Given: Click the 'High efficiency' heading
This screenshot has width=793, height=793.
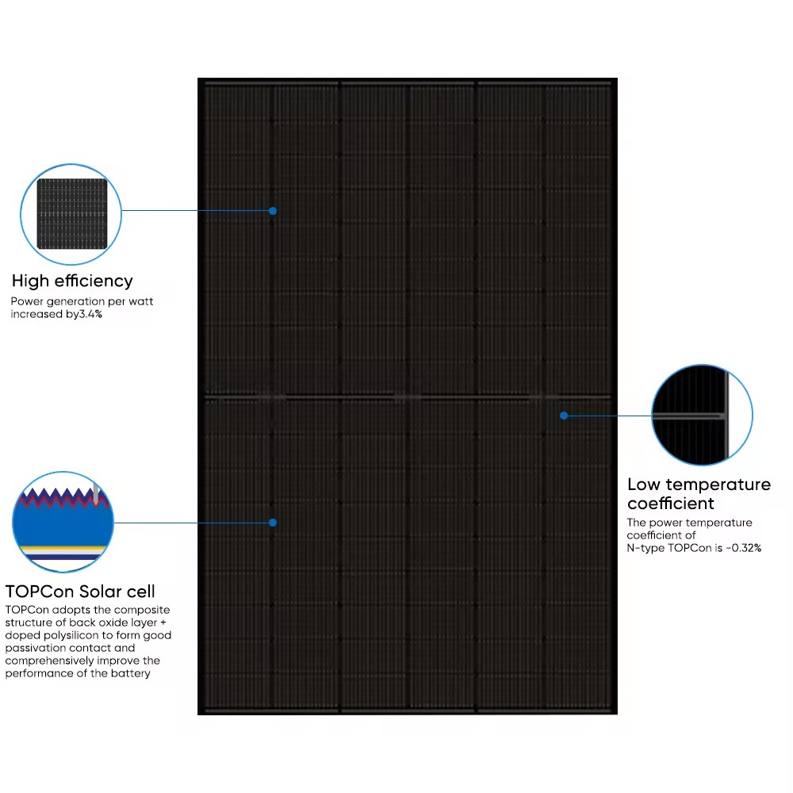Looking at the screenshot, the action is tap(72, 281).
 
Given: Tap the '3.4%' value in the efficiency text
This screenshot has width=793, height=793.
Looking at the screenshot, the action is tap(90, 314).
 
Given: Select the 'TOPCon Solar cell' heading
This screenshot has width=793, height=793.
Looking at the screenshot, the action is tap(80, 592).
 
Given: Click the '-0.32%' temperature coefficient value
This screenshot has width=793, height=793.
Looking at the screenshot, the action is tap(744, 548).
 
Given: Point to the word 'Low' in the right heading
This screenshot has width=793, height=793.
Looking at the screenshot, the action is tap(644, 485).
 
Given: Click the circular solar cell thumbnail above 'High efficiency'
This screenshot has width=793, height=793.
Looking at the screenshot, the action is tap(71, 214).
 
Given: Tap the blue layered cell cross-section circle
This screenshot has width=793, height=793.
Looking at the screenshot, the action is tap(63, 522).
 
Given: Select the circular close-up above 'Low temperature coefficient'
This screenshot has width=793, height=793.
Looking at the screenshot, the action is tap(702, 415).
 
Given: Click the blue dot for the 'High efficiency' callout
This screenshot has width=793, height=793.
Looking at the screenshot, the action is tap(273, 211).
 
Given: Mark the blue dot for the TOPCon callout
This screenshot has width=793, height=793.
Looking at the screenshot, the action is tap(273, 523).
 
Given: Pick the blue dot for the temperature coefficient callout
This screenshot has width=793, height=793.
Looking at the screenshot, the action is tap(564, 416).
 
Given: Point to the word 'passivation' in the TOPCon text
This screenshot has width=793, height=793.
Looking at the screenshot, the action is tap(33, 648).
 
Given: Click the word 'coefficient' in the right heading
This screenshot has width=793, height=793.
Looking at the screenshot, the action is tap(671, 504).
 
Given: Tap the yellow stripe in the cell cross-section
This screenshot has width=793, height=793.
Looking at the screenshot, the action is tap(63, 549).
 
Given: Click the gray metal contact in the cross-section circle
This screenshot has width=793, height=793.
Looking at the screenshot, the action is tap(96, 493).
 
